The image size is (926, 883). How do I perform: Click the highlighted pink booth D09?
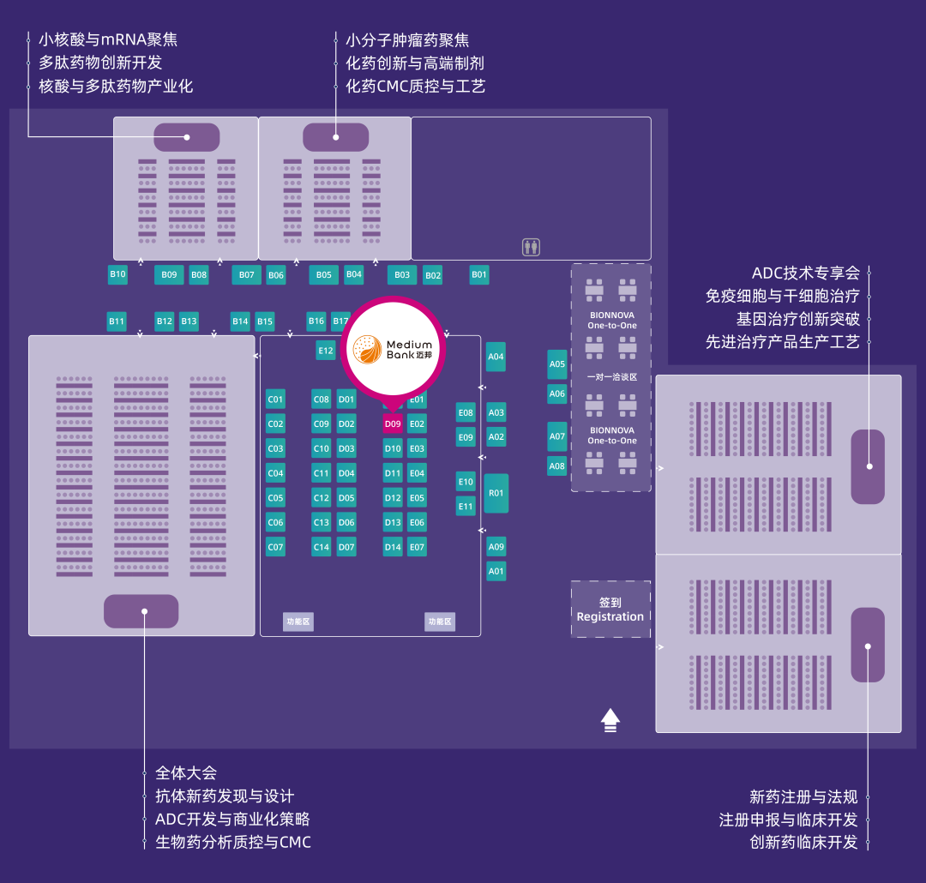[x=393, y=423]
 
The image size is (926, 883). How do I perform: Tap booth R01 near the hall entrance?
[x=496, y=493]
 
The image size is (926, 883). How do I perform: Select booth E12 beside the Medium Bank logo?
[x=326, y=350]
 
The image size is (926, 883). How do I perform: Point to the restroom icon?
[x=532, y=247]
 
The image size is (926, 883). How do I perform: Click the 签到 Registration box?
[x=610, y=610]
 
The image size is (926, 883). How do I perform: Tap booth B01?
[x=479, y=275]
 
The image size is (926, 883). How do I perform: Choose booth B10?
[x=117, y=274]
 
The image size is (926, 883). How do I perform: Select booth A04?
[x=496, y=357]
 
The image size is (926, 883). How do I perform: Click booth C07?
[x=275, y=547]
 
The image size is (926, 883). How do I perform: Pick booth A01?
[x=496, y=570]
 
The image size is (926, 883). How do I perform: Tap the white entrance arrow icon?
[x=610, y=720]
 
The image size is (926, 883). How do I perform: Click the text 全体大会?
[x=186, y=773]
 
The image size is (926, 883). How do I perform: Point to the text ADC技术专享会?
[x=805, y=273]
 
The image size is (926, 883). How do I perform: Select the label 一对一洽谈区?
[x=611, y=377]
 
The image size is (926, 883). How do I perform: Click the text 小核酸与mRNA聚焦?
[x=108, y=40]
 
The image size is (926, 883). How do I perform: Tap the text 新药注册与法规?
[x=803, y=796]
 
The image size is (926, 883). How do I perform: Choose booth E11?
[x=466, y=506]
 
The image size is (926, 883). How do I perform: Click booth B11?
[x=117, y=321]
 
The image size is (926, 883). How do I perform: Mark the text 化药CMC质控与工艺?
[x=415, y=87]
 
